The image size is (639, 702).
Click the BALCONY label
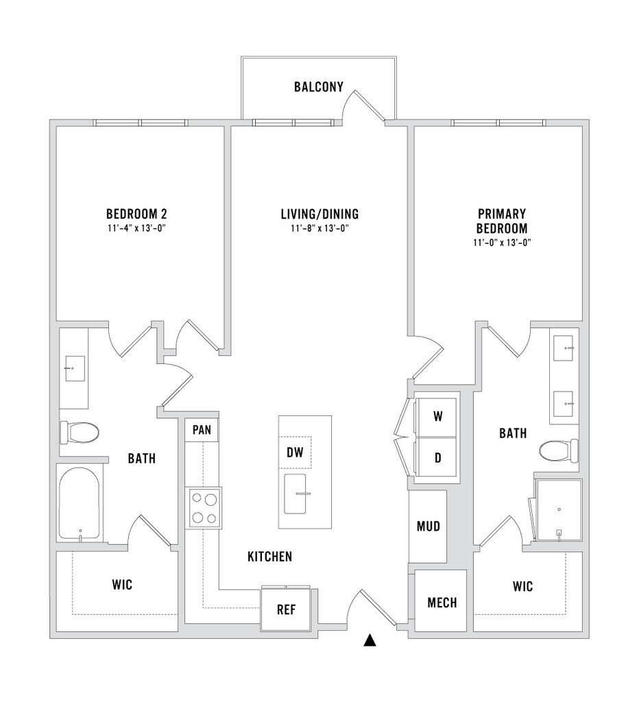click(318, 87)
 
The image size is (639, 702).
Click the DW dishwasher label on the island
click(295, 452)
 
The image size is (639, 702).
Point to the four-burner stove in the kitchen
click(204, 508)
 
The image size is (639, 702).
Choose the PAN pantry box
click(202, 431)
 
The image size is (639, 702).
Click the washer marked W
click(437, 416)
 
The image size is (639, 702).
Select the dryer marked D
click(437, 458)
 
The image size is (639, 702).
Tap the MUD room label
click(428, 526)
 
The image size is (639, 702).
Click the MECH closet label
click(442, 603)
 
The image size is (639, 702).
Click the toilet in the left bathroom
click(80, 433)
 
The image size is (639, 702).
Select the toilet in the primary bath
click(558, 451)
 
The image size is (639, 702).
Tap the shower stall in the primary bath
click(558, 509)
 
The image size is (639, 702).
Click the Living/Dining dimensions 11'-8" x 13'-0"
click(320, 228)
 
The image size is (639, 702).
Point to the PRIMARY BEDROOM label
click(503, 221)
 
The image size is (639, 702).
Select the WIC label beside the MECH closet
click(522, 587)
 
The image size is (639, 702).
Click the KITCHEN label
click(269, 557)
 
